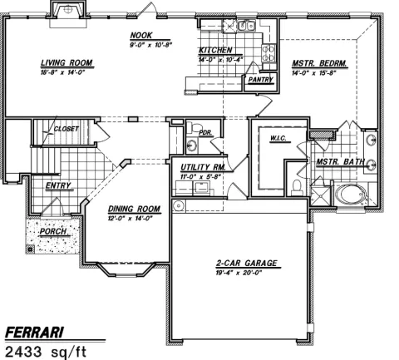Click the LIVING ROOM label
click(66, 62)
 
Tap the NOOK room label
click(140, 35)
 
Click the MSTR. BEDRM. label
click(318, 63)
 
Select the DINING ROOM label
click(133, 209)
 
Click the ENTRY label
click(57, 185)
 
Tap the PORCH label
click(52, 231)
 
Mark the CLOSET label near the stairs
click(66, 129)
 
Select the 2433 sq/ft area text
click(45, 352)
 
